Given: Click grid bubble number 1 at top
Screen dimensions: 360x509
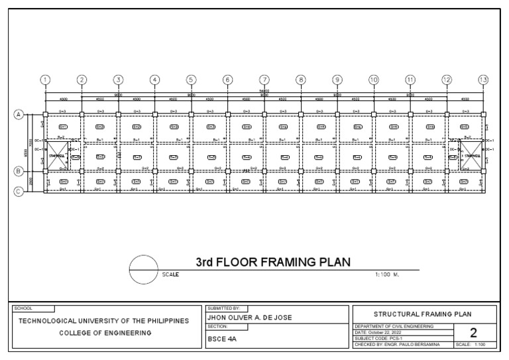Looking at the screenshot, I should (45, 80).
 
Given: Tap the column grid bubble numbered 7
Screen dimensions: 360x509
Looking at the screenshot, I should (264, 80).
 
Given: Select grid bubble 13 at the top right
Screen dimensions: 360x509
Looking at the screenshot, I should (483, 80).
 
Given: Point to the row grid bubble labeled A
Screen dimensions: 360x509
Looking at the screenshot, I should (19, 114).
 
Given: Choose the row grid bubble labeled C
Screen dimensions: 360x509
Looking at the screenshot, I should (19, 192).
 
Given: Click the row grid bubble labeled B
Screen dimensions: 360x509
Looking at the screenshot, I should (19, 171).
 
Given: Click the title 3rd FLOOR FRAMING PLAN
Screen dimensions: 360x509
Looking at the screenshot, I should (273, 262).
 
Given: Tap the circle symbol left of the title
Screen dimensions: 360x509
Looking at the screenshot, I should (144, 270).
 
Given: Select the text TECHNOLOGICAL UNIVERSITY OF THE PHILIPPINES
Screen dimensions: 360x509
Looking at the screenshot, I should (103, 321).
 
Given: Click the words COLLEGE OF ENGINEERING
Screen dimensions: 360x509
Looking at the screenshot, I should (103, 333).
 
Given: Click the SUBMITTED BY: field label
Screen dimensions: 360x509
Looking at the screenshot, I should (223, 309).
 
